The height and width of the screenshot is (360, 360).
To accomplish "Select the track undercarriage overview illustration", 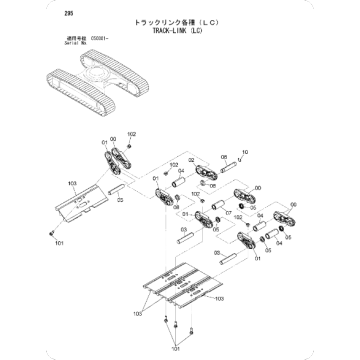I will [x=94, y=86].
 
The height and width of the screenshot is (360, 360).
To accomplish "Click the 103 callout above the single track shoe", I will [x=70, y=185].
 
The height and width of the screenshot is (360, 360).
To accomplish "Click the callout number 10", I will [x=245, y=150].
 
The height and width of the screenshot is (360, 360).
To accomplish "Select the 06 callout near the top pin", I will [x=223, y=157].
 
